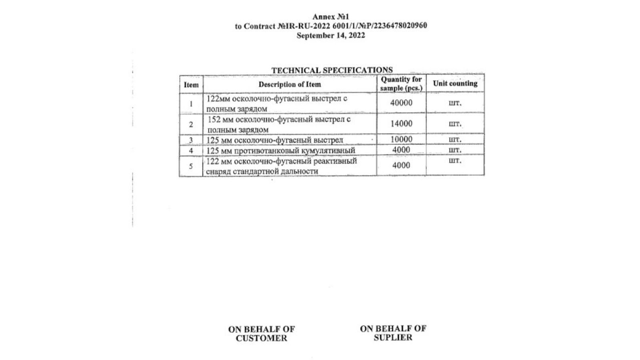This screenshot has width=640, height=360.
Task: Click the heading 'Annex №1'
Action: tap(330, 17)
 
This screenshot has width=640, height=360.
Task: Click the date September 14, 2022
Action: tap(330, 36)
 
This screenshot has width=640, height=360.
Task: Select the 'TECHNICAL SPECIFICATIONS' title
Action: tap(332, 70)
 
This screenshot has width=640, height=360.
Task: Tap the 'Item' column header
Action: tap(191, 85)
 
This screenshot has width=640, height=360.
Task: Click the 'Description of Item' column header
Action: tap(290, 84)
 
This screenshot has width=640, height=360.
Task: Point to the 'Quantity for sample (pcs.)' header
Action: tap(401, 84)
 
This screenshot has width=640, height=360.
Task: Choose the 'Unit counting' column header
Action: tap(455, 84)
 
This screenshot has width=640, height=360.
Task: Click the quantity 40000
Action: tap(401, 103)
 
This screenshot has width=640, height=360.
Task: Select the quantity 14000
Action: tap(401, 124)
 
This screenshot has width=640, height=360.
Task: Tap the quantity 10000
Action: tap(401, 139)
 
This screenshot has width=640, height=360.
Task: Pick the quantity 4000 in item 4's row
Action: tap(401, 150)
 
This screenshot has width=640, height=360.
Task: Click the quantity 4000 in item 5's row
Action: tap(401, 165)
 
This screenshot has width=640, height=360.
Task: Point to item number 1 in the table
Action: tap(191, 104)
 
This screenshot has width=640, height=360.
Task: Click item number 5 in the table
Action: tap(191, 166)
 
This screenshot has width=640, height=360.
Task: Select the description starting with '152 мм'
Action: tap(279, 124)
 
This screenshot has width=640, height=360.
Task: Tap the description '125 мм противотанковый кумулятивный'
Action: tap(280, 151)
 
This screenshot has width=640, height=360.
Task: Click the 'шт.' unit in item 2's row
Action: tap(455, 124)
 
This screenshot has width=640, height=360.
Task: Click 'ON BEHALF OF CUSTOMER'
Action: tap(261, 334)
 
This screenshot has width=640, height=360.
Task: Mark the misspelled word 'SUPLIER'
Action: tap(393, 338)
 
